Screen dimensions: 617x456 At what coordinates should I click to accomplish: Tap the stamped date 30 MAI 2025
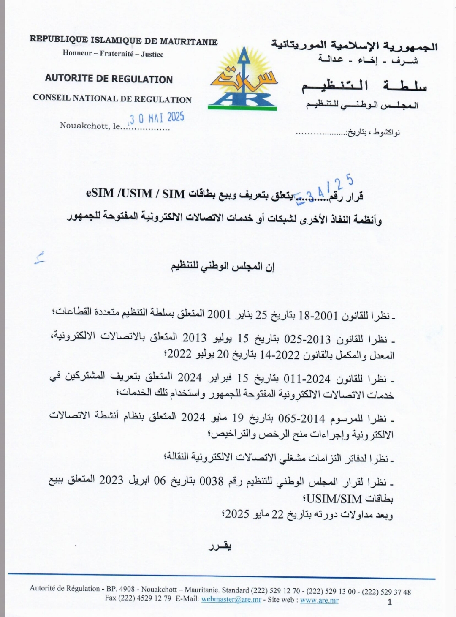pos(157,117)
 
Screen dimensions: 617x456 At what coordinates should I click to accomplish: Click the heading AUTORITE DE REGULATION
pos(109,79)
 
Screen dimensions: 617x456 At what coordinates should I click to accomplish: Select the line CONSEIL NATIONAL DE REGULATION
pos(112,99)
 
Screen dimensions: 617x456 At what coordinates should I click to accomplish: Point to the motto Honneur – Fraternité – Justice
pos(113,54)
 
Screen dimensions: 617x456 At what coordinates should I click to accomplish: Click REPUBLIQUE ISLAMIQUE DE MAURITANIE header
pos(123,41)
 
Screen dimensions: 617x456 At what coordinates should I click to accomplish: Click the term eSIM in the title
pos(100,194)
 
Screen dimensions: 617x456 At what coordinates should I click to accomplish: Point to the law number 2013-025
pos(307,339)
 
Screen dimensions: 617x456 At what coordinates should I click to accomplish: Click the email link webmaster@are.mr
pos(231,600)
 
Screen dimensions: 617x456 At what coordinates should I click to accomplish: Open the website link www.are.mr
pos(319,600)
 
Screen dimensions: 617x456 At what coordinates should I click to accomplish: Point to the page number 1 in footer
pos(390,602)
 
